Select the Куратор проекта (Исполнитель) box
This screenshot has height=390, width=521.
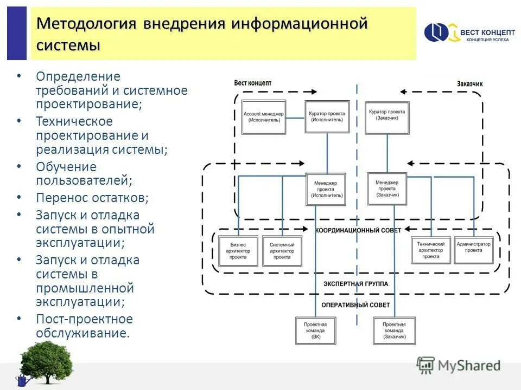pos(326,117)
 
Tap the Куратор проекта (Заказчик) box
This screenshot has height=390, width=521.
pos(387,117)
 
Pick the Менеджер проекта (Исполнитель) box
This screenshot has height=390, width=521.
pos(326,189)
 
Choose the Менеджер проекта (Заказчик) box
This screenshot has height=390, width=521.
pos(387,188)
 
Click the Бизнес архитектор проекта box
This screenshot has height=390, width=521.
pos(238,250)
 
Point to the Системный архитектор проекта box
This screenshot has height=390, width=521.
pos(282,250)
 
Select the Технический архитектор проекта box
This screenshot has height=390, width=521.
pos(430,250)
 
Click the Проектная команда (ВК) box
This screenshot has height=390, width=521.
pos(316,330)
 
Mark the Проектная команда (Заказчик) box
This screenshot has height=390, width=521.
pos(394,330)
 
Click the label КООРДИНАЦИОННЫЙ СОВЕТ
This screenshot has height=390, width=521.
pos(358,231)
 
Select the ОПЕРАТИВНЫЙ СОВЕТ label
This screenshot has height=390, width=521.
pos(355,305)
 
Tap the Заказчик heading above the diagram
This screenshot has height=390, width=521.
pos(469,84)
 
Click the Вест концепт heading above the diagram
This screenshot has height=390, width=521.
pos(252,83)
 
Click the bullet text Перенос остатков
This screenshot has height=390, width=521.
pos(92,198)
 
